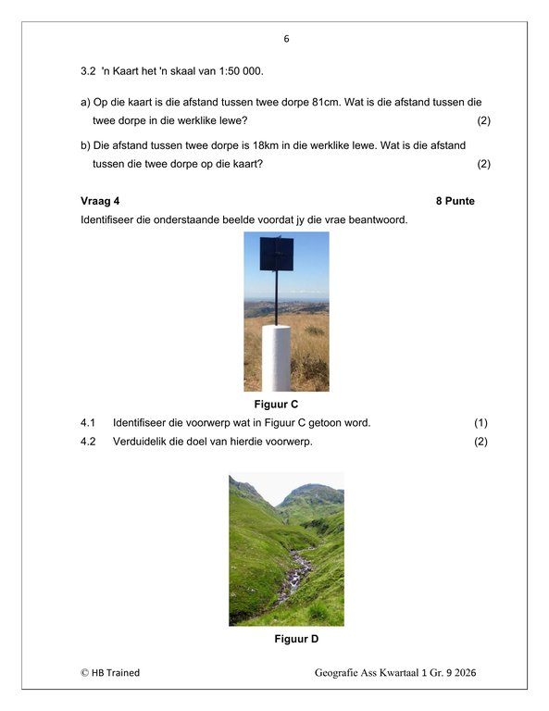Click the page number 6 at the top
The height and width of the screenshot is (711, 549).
(x=286, y=39)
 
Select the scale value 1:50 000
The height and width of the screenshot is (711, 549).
(x=241, y=71)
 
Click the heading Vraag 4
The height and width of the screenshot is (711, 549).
(x=100, y=201)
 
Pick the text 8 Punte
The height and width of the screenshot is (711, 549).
(x=455, y=201)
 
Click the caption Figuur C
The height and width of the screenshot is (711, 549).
(x=276, y=404)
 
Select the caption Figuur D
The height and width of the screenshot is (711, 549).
(x=296, y=639)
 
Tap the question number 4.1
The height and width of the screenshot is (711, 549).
(x=88, y=423)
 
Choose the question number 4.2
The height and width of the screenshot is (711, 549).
(x=88, y=442)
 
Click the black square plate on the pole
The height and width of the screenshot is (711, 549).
(x=277, y=254)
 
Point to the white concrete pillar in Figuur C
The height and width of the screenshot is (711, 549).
(x=276, y=358)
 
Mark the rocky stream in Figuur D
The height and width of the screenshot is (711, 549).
(x=294, y=576)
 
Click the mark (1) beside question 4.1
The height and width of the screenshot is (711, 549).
(x=481, y=423)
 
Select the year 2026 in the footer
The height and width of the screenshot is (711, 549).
(x=465, y=673)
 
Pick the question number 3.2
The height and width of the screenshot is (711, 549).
(x=88, y=71)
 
